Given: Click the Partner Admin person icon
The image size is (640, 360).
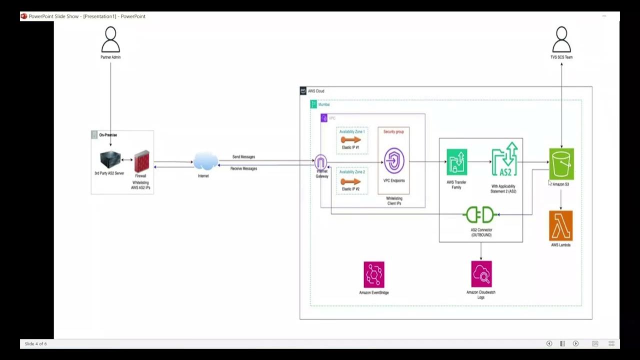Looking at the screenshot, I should [x=110, y=40].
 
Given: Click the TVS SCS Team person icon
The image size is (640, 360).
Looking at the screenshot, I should [x=561, y=40].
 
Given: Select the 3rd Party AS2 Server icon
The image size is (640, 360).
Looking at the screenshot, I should [x=109, y=160].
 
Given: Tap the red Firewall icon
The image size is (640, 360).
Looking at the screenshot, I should [x=141, y=161].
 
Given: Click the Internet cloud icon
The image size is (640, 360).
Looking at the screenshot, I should [x=205, y=161].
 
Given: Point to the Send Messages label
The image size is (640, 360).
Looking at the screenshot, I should [x=243, y=157].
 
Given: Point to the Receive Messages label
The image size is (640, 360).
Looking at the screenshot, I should [x=243, y=169].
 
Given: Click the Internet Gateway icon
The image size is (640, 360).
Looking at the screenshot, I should [x=321, y=162].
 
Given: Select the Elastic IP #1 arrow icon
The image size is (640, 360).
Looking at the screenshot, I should [x=351, y=140].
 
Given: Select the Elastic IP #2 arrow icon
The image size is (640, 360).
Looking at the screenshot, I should [x=351, y=181].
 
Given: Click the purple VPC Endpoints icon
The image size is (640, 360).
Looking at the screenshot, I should [x=394, y=161].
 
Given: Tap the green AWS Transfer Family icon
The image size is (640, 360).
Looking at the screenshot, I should [x=456, y=162].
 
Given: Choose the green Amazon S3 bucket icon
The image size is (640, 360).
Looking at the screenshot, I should [x=561, y=163].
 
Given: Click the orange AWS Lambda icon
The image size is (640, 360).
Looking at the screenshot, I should [x=560, y=226].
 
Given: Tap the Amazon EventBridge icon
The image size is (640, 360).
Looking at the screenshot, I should [x=374, y=274].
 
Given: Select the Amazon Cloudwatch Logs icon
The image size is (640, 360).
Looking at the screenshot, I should [x=481, y=274].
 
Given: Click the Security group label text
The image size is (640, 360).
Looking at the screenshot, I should [x=393, y=132].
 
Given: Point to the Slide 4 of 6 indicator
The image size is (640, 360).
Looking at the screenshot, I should [x=35, y=344].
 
